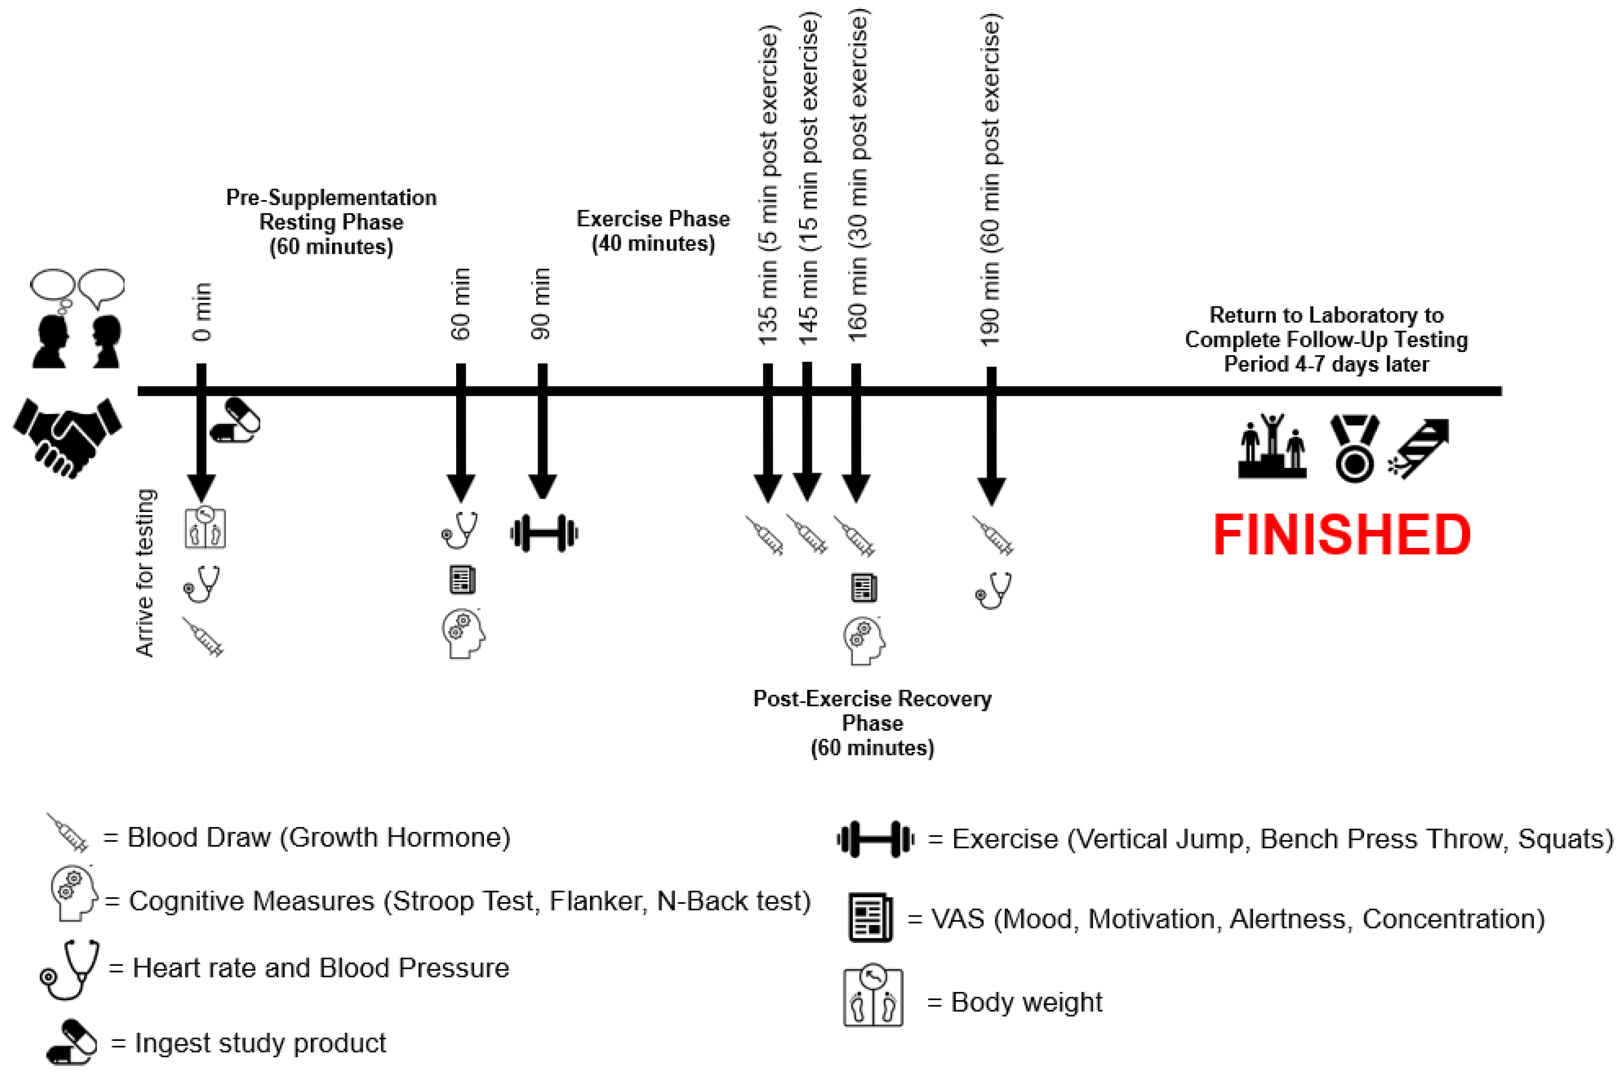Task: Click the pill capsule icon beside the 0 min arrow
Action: (235, 420)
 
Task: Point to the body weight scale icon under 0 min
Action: (205, 528)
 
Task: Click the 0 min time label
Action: (202, 311)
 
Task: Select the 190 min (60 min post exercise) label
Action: (991, 180)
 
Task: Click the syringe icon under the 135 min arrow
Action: (765, 535)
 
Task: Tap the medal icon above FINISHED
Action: (1354, 448)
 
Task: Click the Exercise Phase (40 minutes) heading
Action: (653, 231)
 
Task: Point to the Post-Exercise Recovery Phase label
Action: (872, 723)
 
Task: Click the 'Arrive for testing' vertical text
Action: (145, 573)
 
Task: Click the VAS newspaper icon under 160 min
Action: (864, 588)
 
